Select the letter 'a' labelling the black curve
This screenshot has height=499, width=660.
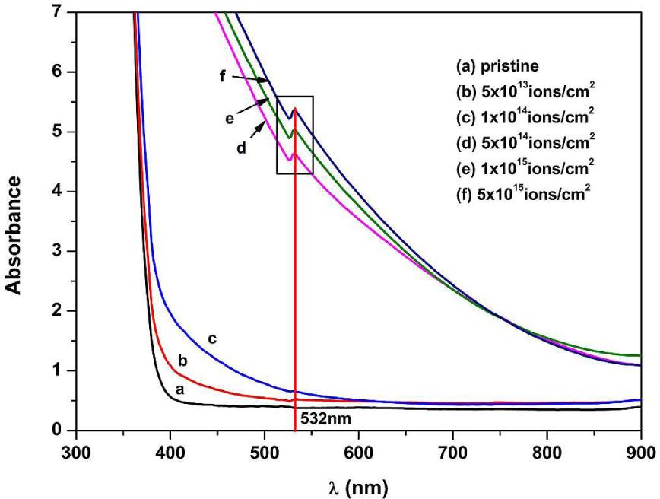tap(180, 388)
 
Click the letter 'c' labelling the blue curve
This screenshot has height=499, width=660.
tap(213, 338)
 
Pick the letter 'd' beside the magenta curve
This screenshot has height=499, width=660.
tap(241, 148)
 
